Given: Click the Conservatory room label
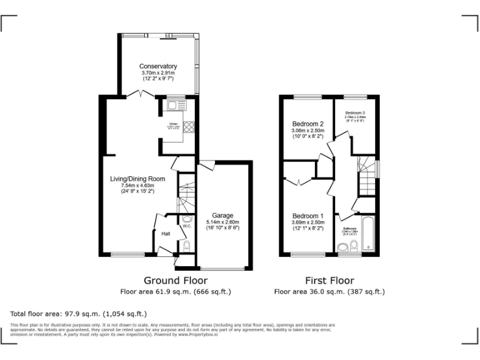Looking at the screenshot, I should (x=158, y=66).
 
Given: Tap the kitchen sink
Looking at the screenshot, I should (x=173, y=105).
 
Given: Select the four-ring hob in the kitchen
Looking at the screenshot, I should (x=188, y=128).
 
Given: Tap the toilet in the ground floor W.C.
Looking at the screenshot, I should (x=187, y=245).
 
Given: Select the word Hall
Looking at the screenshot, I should (x=166, y=234).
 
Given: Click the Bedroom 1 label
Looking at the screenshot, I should (x=307, y=216).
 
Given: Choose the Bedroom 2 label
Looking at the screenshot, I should (x=307, y=124).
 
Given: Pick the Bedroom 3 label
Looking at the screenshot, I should (x=355, y=112).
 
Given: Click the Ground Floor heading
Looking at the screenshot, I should (x=176, y=281).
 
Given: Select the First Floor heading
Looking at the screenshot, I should (x=329, y=281).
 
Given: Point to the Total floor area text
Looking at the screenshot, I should (x=79, y=314).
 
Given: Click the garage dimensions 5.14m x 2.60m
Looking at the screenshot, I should (x=222, y=222).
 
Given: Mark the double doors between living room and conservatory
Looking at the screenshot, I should (x=142, y=93).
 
